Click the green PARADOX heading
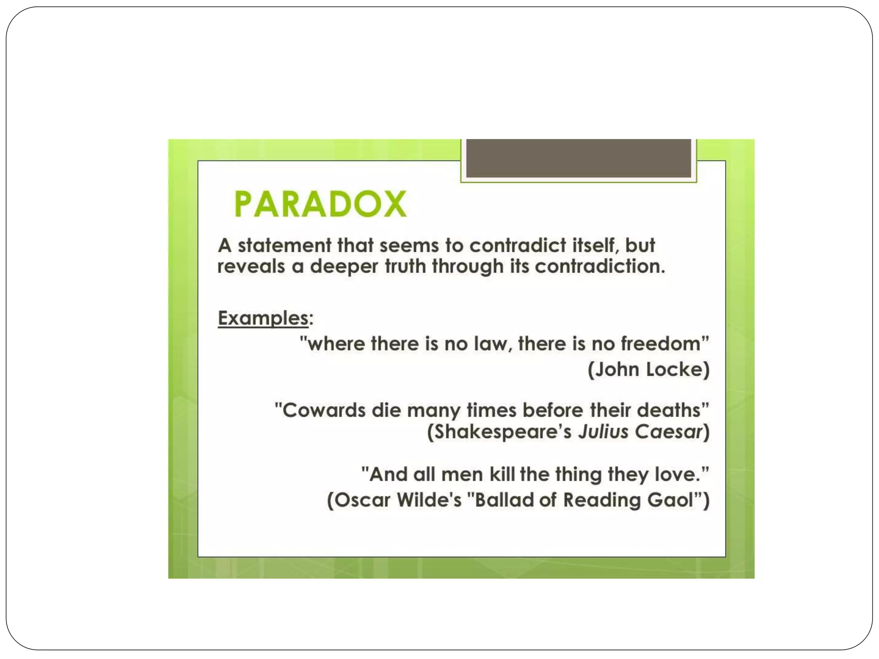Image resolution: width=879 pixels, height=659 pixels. pyautogui.click(x=320, y=204)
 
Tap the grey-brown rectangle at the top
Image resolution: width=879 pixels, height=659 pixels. pyautogui.click(x=579, y=158)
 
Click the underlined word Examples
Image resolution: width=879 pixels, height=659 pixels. pyautogui.click(x=263, y=318)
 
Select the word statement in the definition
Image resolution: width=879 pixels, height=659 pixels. pyautogui.click(x=285, y=246)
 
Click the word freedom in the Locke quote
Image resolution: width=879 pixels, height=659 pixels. pyautogui.click(x=660, y=344)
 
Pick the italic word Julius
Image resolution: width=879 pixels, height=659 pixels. pyautogui.click(x=603, y=432)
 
